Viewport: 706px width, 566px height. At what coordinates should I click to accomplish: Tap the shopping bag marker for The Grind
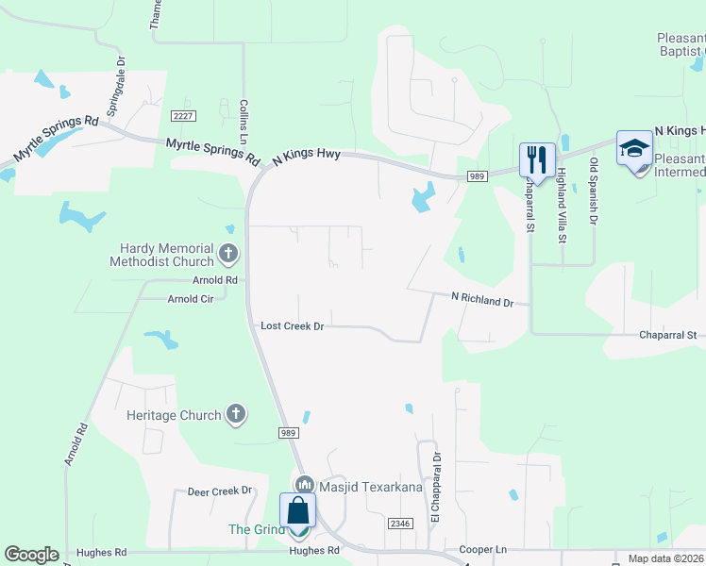click(298, 511)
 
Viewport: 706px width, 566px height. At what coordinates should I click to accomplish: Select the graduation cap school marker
click(634, 148)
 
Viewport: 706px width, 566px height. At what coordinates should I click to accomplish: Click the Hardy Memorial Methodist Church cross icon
click(227, 253)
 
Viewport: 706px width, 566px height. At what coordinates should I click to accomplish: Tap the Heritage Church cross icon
click(236, 414)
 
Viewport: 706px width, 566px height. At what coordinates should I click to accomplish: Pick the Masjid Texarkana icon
click(304, 485)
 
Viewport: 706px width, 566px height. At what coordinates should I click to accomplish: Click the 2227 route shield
click(183, 115)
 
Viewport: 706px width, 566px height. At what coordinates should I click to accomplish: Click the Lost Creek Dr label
click(293, 326)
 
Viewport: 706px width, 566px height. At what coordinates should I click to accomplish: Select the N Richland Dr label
click(481, 298)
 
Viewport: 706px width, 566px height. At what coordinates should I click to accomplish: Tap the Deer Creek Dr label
click(220, 491)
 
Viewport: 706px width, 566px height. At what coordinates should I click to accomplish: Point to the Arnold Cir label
click(197, 298)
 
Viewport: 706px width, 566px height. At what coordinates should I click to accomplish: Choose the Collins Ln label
click(244, 121)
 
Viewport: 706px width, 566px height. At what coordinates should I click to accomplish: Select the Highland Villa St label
click(561, 205)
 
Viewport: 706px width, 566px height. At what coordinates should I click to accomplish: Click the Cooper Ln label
click(482, 549)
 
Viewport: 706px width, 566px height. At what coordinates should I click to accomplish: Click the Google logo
click(31, 555)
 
